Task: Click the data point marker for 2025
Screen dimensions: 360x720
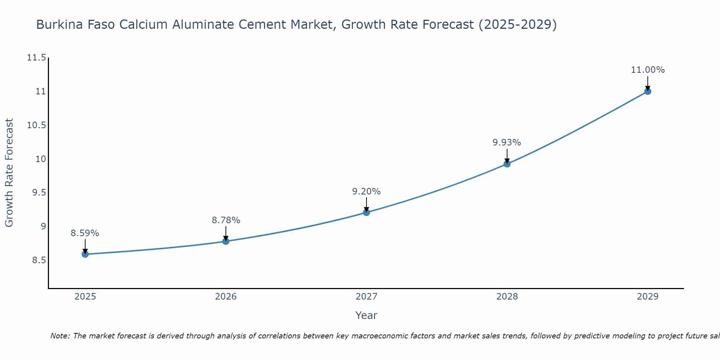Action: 85,254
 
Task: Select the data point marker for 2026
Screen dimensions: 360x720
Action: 226,241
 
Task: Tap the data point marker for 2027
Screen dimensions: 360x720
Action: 366,212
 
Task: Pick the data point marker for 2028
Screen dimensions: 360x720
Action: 507,164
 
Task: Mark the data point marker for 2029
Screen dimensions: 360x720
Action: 648,91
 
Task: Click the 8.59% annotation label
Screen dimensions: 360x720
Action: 85,233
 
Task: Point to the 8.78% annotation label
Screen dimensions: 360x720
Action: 226,220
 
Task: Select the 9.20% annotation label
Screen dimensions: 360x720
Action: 366,192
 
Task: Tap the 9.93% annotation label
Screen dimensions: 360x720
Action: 507,143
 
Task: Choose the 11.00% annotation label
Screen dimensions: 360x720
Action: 648,70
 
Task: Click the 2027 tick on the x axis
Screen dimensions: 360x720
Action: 366,297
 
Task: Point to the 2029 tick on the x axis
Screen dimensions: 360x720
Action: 648,297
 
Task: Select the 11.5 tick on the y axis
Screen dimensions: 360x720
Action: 37,58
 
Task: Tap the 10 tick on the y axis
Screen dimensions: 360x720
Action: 41,159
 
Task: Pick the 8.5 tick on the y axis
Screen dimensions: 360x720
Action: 39,260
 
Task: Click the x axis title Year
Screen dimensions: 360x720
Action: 366,315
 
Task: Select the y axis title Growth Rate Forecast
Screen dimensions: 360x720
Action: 9,173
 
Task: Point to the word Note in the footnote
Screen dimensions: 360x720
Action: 60,336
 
